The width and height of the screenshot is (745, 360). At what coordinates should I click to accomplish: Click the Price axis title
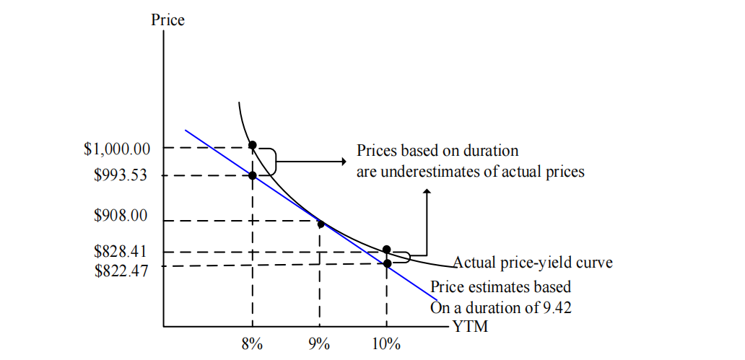pyautogui.click(x=167, y=19)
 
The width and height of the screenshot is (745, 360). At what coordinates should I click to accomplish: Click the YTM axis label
pyautogui.click(x=471, y=328)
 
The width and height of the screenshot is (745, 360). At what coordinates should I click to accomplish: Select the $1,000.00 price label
pyautogui.click(x=117, y=149)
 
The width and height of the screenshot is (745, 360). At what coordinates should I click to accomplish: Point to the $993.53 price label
pyautogui.click(x=121, y=175)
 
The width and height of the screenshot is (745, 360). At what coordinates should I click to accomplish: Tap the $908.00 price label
pyautogui.click(x=121, y=214)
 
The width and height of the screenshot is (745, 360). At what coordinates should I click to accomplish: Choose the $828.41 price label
pyautogui.click(x=121, y=252)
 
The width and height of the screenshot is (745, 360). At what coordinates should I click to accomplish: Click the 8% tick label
pyautogui.click(x=252, y=344)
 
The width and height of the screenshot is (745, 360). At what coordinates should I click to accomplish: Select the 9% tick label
pyautogui.click(x=319, y=344)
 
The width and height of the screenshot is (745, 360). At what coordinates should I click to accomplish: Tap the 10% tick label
pyautogui.click(x=386, y=344)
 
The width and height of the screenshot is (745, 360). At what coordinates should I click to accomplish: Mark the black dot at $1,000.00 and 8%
pyautogui.click(x=253, y=145)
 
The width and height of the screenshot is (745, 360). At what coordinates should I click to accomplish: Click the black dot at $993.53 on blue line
pyautogui.click(x=253, y=175)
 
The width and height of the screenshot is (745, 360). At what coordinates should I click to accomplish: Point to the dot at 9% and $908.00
pyautogui.click(x=321, y=224)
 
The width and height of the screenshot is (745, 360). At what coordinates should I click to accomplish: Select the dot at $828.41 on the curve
pyautogui.click(x=387, y=250)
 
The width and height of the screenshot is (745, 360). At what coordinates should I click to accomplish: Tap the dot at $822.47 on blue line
pyautogui.click(x=387, y=264)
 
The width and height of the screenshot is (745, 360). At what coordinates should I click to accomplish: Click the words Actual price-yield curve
pyautogui.click(x=533, y=263)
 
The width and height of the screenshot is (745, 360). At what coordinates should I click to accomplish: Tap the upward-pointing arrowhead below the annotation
pyautogui.click(x=427, y=193)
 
